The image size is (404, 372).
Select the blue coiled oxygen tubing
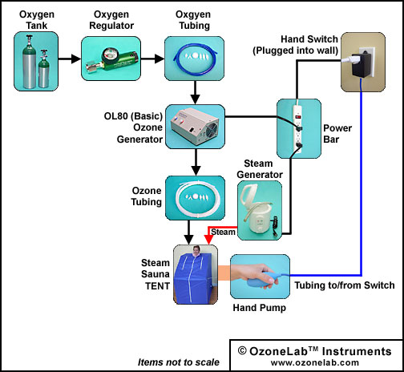tap(194, 58)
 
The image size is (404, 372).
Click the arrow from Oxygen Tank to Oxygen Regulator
tap(70, 59)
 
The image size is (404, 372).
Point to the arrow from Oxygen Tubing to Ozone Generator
tap(195, 92)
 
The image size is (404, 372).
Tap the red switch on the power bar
tap(297, 116)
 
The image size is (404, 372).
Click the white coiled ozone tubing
tap(196, 197)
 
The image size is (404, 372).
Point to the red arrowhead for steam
tap(208, 240)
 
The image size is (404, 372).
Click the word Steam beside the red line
tap(223, 232)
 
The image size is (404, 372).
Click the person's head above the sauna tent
tap(196, 251)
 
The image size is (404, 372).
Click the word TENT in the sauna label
tap(158, 286)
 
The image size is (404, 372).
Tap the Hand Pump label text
tap(260, 308)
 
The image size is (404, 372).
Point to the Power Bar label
tap(337, 134)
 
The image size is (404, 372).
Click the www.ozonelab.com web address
tap(315, 362)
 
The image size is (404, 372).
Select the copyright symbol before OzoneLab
tap(242, 350)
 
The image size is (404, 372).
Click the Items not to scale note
tap(179, 362)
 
